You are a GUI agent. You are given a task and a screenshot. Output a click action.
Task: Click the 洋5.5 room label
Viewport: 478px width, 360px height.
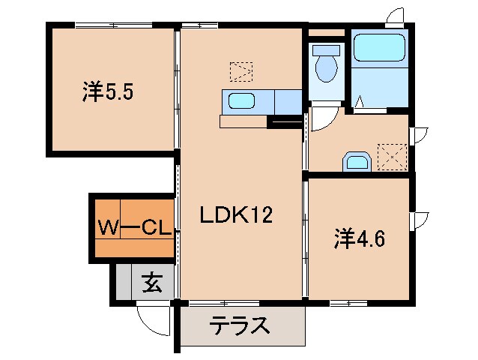109,94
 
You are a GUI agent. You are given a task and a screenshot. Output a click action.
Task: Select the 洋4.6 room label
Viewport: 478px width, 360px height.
360,239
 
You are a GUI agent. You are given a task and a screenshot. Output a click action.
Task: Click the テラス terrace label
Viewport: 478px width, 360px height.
239,327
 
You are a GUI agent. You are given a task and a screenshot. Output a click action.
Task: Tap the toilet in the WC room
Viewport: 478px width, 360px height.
326,64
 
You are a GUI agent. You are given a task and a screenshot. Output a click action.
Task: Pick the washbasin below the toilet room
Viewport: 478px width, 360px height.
357,162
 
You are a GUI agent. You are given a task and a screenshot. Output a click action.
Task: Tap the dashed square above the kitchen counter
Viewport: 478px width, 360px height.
240,72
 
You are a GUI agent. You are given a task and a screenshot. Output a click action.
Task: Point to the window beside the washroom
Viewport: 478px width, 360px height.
420,135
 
